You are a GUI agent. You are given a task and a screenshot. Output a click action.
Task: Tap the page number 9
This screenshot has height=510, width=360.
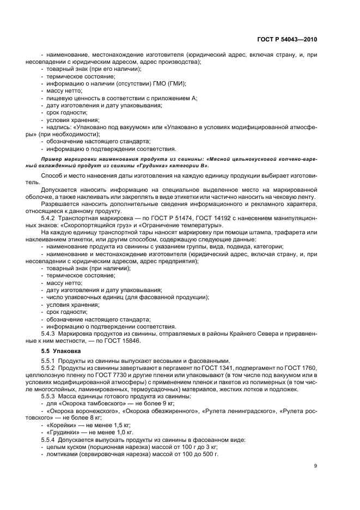click(x=315, y=465)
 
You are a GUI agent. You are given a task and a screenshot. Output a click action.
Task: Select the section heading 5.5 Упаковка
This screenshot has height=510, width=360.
click(x=61, y=351)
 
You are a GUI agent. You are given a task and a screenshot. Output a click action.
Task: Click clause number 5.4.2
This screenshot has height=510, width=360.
click(x=50, y=217)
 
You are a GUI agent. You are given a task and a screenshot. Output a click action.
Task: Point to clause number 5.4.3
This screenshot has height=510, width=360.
click(x=50, y=333)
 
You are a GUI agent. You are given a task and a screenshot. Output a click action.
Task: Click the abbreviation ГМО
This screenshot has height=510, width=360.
click(x=155, y=83)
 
